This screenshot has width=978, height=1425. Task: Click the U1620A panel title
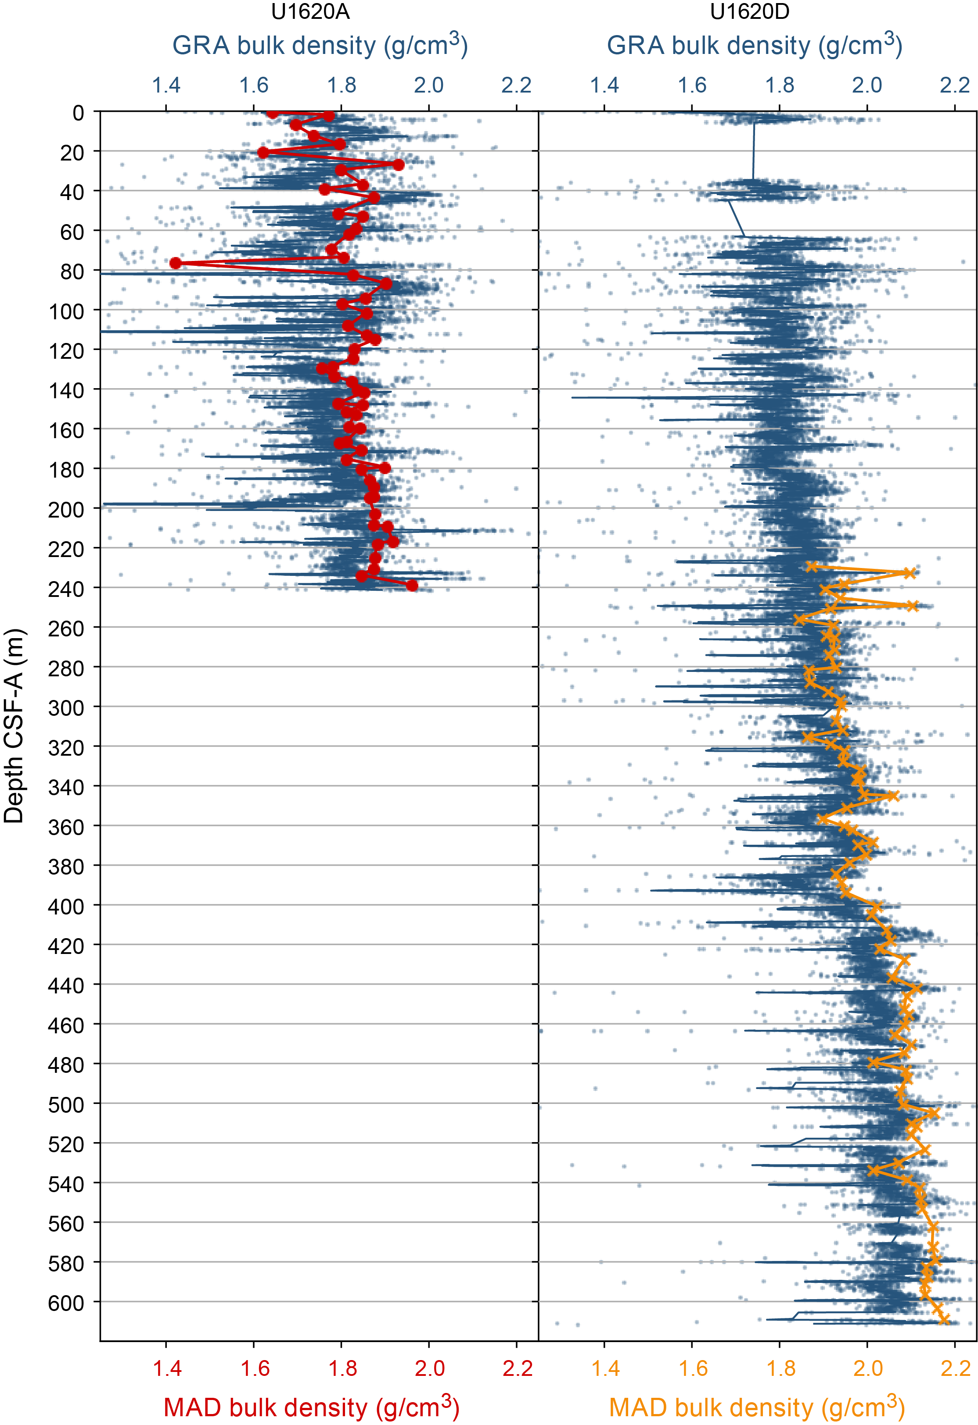(x=310, y=12)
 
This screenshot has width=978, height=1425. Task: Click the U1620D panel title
(x=749, y=12)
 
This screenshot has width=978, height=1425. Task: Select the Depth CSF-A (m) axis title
(x=14, y=725)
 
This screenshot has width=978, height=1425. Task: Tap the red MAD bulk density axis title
(x=311, y=1406)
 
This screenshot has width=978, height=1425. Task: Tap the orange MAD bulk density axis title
(x=756, y=1406)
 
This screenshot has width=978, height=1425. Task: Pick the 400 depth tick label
(x=66, y=906)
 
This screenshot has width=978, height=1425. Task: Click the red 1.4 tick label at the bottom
(x=167, y=1368)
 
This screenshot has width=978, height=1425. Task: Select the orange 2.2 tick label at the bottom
(x=955, y=1368)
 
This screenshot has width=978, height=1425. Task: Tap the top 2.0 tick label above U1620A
(x=428, y=85)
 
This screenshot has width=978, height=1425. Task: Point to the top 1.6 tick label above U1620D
(x=692, y=85)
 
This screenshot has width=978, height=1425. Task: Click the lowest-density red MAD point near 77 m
(x=176, y=263)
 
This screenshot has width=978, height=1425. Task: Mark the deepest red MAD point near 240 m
(x=412, y=586)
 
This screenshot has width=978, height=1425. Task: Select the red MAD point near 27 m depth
(x=398, y=165)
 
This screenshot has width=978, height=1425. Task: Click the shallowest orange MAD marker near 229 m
(x=812, y=567)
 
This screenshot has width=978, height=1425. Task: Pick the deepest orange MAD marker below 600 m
(x=944, y=1320)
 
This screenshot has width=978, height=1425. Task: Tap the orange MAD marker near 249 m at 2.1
(x=912, y=606)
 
